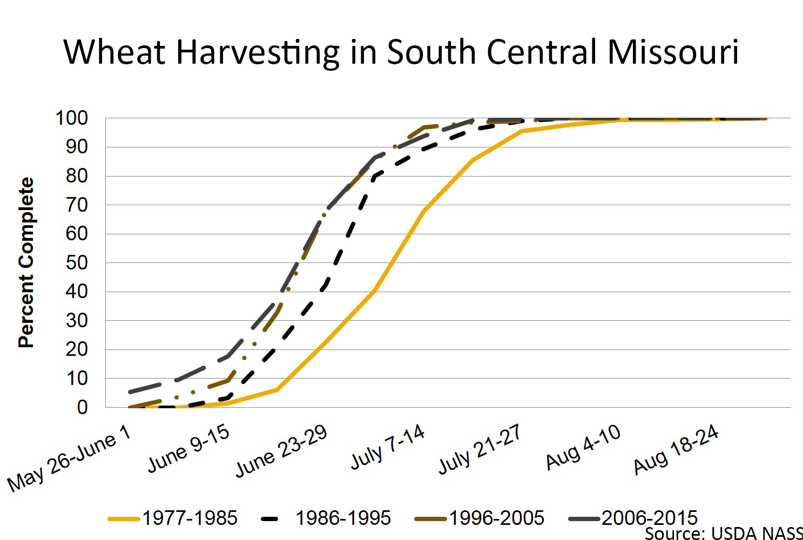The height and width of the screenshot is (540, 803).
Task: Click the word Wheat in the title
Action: point(114,52)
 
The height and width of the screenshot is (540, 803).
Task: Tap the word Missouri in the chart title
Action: point(673,52)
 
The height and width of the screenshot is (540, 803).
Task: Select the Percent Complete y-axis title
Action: point(26,262)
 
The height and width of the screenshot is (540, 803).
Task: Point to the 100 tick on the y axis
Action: point(72,118)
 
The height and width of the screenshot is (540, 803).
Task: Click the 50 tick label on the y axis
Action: point(77,263)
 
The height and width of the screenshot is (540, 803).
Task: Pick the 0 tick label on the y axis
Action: point(82,408)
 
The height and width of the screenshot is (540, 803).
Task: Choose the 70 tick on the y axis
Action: point(77,205)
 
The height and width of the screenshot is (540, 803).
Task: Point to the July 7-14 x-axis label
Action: point(388,447)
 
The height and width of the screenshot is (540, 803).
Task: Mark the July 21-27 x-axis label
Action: point(479,449)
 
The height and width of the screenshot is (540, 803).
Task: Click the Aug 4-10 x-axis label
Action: point(583,447)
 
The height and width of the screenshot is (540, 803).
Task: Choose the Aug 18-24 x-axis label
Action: point(676,449)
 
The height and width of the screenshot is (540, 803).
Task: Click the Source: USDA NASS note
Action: point(724,534)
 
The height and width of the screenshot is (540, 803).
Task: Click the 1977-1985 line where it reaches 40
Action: point(374,292)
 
